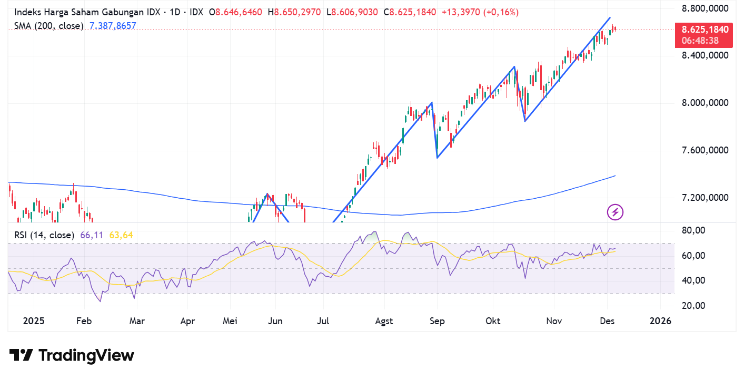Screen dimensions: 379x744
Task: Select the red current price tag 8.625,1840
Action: click(x=705, y=30)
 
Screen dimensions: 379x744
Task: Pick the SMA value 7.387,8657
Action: click(x=112, y=25)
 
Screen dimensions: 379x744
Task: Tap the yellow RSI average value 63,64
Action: click(x=121, y=235)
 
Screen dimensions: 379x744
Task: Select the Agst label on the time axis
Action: click(x=384, y=321)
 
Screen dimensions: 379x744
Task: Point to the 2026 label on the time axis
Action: click(x=660, y=321)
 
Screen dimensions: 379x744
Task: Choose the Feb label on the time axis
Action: click(x=84, y=321)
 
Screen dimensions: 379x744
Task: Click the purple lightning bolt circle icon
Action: click(x=615, y=212)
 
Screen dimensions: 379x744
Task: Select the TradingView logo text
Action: click(x=72, y=355)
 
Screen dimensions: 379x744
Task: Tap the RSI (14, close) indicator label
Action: click(x=44, y=235)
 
